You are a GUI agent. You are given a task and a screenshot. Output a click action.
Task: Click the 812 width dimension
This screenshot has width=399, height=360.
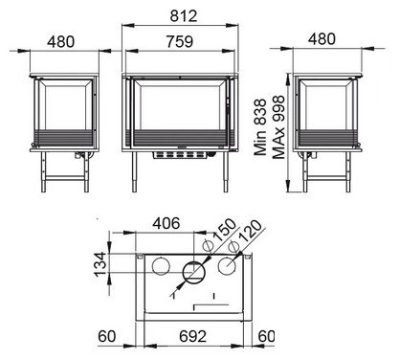pyautogui.click(x=184, y=16)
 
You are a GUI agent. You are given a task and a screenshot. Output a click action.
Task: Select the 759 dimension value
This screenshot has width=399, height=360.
pyautogui.click(x=180, y=42)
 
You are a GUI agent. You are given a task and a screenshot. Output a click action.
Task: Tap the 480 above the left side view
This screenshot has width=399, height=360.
pyautogui.click(x=60, y=42)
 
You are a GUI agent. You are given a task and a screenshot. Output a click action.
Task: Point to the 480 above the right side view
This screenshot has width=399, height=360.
pyautogui.click(x=321, y=39)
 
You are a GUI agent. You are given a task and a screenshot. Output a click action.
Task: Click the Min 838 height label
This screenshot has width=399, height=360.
pyautogui.click(x=260, y=127)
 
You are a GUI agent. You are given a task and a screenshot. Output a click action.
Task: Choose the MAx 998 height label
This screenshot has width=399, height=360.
pyautogui.click(x=278, y=127)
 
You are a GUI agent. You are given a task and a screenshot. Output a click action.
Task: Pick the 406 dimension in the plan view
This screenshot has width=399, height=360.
pyautogui.click(x=166, y=223)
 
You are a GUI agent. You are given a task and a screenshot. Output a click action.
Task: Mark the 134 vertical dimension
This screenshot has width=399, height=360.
pyautogui.click(x=100, y=264)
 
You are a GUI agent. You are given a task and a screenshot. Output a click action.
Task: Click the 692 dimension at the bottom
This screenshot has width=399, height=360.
pyautogui.click(x=193, y=336)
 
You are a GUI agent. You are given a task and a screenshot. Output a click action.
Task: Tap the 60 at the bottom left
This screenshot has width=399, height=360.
pyautogui.click(x=107, y=336)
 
